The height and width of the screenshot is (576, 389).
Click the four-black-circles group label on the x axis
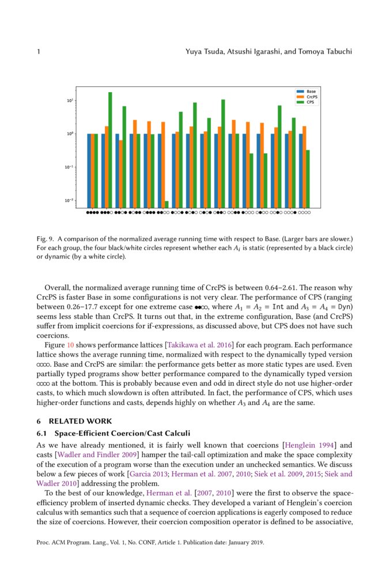click(x=92, y=213)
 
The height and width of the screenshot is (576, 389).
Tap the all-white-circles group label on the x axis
click(x=304, y=213)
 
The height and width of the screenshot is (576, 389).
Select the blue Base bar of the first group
click(x=89, y=170)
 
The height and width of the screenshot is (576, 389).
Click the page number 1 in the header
click(x=38, y=52)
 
